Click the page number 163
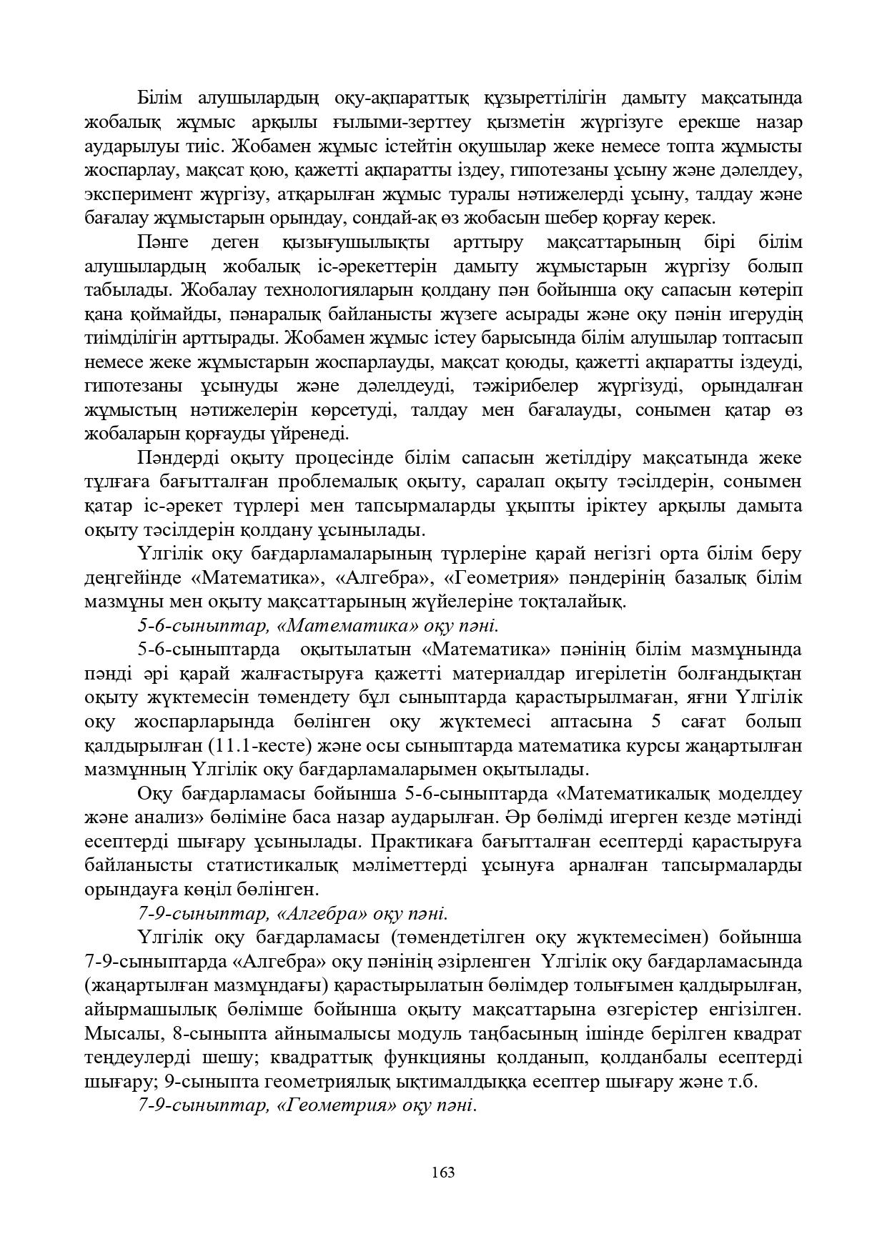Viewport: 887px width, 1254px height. click(443, 1173)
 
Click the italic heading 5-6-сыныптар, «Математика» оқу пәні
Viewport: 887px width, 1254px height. click(317, 626)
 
